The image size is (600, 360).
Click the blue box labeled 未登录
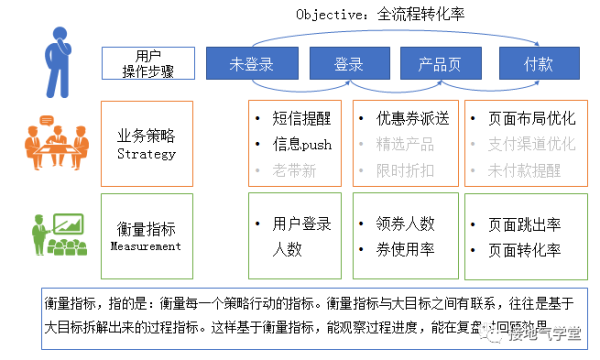pos(251,64)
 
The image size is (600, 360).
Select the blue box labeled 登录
pos(348,64)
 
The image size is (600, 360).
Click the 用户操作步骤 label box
pos(146,61)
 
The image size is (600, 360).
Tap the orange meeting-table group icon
pos(52,143)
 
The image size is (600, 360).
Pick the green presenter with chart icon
pos(55,236)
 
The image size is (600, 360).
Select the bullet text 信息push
pos(300,144)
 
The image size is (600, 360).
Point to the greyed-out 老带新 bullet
pos(293,170)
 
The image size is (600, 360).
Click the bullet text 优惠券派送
pos(412,118)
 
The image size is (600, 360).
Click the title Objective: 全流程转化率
pos(380,14)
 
